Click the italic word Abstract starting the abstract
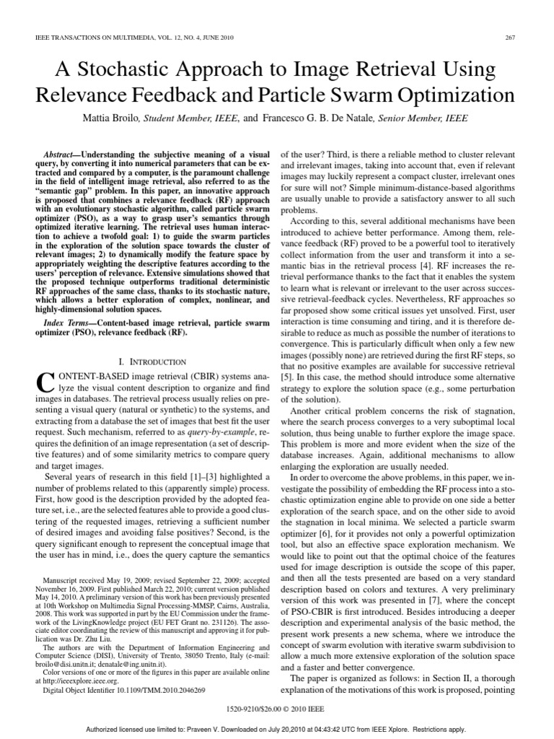click(x=60, y=155)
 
